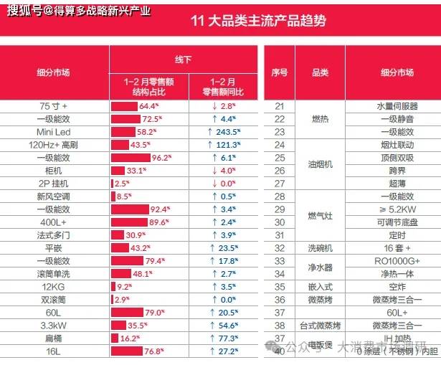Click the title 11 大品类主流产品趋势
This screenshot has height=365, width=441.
click(257, 21)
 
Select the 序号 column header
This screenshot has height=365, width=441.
click(279, 72)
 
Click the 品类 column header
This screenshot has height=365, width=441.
click(320, 72)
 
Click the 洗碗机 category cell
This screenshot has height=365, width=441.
click(320, 248)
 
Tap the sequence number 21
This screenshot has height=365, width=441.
click(279, 106)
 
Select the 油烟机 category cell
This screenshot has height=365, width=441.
click(320, 163)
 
